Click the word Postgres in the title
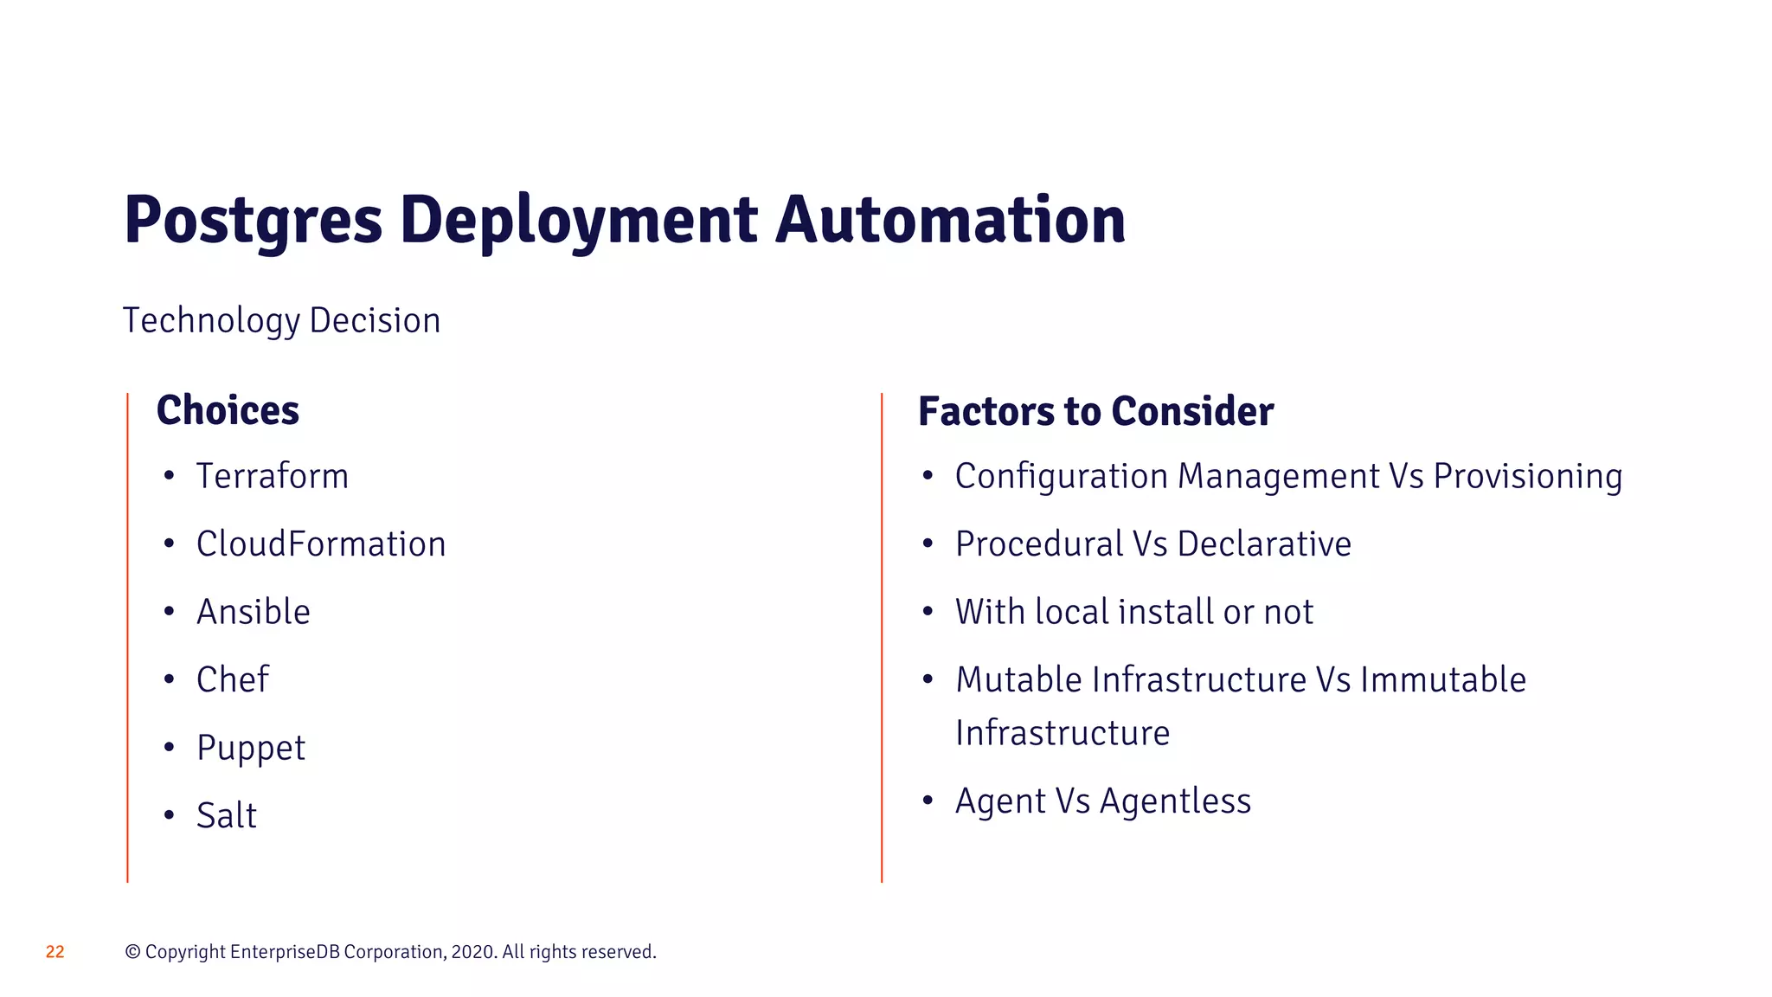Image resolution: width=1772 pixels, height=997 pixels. point(253,221)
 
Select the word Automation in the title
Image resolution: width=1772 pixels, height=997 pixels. point(950,221)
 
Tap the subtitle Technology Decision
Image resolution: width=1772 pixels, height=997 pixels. point(281,321)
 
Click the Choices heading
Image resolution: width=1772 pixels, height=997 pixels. point(228,410)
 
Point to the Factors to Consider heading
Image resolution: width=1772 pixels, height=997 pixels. point(1095,411)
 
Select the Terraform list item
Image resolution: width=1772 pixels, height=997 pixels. point(272,476)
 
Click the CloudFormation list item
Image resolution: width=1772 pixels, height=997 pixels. point(321,544)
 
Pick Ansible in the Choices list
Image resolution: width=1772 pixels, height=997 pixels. point(253,612)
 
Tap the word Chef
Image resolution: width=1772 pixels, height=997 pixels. point(233,679)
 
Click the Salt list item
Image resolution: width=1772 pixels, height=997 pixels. point(227,815)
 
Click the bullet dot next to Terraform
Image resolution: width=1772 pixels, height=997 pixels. point(169,475)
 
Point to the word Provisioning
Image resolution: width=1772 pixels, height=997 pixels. point(1527,477)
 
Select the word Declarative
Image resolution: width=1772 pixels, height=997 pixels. point(1264,544)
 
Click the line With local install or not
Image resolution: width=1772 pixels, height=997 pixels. point(1133,612)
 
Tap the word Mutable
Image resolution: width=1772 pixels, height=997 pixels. point(1018,680)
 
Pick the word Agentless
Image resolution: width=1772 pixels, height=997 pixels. point(1175,801)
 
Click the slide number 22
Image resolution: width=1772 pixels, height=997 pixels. point(55,952)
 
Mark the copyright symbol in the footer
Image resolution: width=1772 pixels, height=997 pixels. point(132,952)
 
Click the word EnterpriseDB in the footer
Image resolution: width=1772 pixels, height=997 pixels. point(285,952)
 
